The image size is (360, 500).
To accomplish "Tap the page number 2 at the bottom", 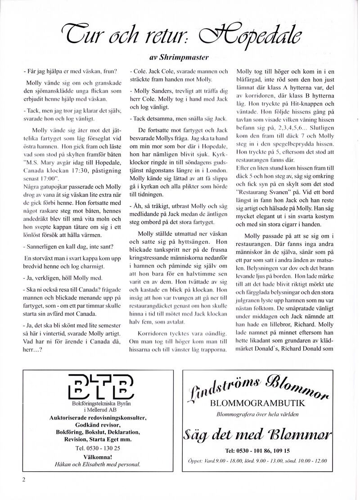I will pos(24,479).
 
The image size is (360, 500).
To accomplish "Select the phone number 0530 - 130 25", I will pos(98,448).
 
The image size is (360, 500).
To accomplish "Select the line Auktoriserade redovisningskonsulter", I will pos(98,418).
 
